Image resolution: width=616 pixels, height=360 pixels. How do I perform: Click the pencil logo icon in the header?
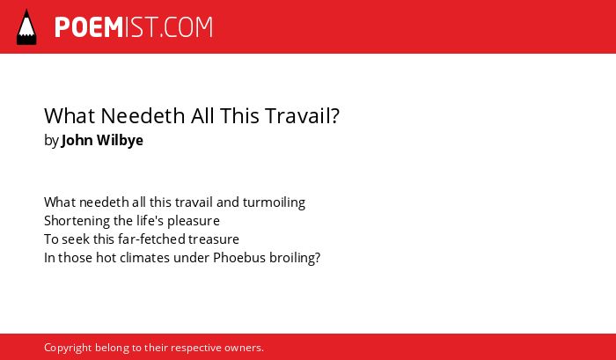(x=26, y=26)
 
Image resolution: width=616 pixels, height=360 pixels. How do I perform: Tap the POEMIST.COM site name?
(x=134, y=27)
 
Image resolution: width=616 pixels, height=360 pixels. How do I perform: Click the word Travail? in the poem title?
(x=302, y=115)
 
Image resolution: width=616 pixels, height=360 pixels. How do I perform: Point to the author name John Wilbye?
(x=102, y=140)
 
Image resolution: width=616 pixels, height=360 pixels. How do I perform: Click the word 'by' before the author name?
(x=51, y=141)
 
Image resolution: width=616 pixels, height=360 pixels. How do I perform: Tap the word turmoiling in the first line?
(x=274, y=202)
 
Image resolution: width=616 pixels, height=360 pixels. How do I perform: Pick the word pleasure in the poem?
(x=194, y=221)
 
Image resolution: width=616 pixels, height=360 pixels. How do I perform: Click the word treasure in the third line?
(x=213, y=239)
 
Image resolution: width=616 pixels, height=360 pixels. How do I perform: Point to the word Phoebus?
(x=239, y=257)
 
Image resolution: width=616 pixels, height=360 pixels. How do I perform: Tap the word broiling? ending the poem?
(x=295, y=258)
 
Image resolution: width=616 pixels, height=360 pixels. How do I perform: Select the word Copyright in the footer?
(x=68, y=349)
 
